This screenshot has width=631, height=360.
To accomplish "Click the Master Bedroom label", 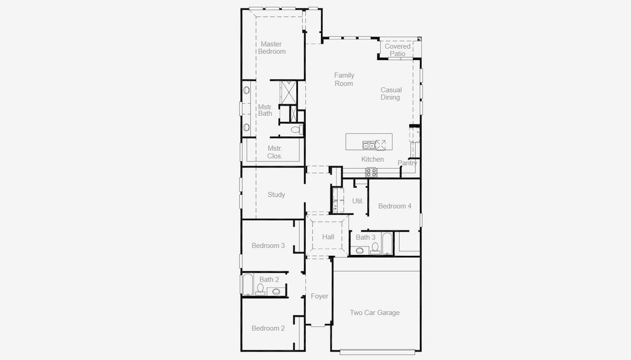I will click(272, 48).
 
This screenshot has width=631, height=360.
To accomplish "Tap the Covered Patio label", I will click(398, 50).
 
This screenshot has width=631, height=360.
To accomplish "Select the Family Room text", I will click(344, 79).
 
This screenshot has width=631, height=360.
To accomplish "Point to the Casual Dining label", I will click(390, 94).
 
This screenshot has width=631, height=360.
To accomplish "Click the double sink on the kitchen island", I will click(368, 145).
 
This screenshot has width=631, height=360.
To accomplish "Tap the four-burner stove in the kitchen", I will click(372, 172).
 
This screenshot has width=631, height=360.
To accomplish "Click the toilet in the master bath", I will click(296, 130).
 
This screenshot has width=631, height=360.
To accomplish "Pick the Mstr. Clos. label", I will click(275, 152).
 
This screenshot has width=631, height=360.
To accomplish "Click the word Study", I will click(277, 195).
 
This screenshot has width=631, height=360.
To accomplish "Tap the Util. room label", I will click(357, 201).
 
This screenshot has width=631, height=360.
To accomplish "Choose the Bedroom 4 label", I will click(395, 206).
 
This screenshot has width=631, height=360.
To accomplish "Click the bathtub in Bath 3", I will click(386, 243).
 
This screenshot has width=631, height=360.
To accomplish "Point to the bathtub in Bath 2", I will click(247, 285).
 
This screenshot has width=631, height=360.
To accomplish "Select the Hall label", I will click(328, 237).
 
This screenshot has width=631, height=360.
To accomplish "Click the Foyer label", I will click(320, 296).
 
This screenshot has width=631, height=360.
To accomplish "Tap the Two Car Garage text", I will click(375, 313).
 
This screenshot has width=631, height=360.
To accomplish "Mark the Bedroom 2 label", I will click(268, 328).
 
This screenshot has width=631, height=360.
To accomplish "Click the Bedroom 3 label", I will click(268, 245).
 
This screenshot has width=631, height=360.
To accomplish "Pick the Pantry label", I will click(407, 163).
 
